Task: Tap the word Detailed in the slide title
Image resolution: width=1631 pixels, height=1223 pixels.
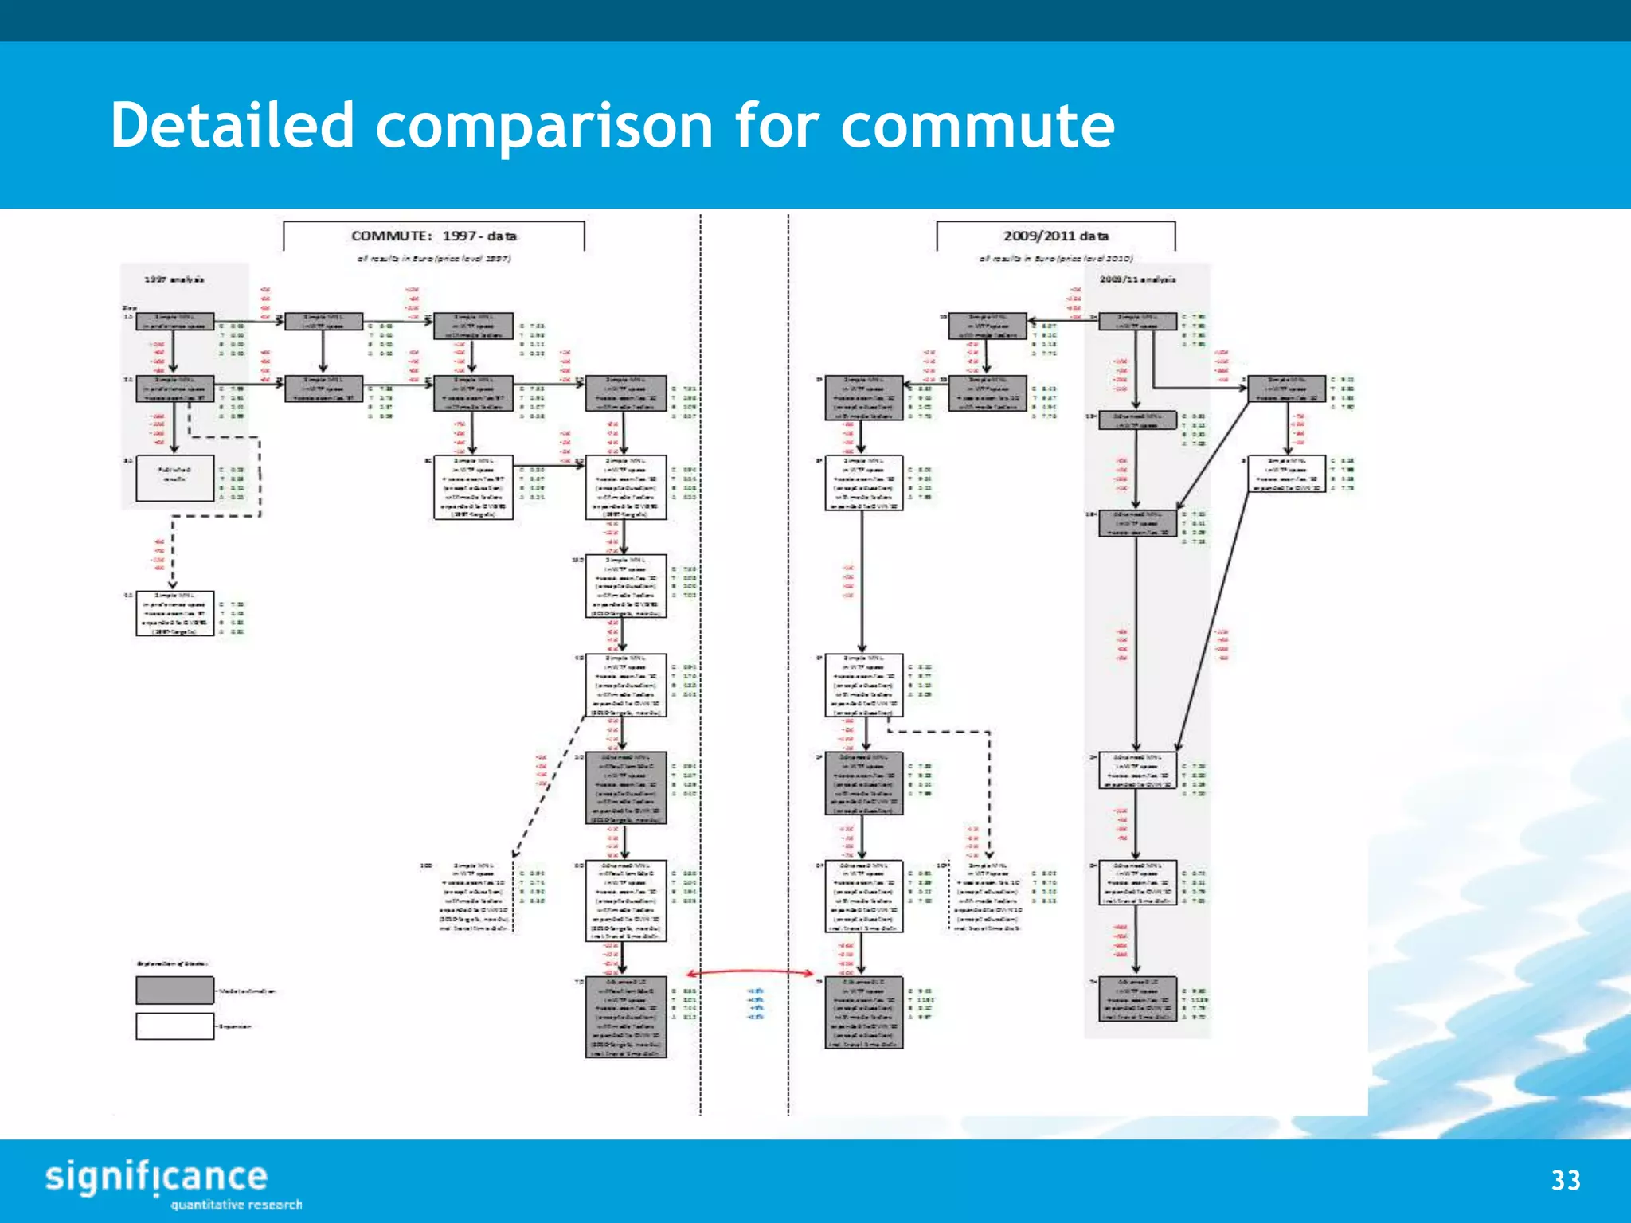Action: tap(232, 126)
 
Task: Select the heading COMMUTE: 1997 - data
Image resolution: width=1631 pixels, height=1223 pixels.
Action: tap(434, 236)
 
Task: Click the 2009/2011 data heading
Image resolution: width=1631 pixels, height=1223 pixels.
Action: tap(1056, 236)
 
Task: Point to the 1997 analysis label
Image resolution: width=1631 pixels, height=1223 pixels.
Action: tap(174, 279)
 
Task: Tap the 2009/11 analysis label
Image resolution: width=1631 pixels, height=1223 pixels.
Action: tap(1137, 279)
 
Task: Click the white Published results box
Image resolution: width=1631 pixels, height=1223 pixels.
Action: tap(175, 478)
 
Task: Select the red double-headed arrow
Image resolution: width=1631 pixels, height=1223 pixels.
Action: tap(750, 972)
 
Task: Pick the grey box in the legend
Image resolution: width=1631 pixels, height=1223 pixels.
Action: tap(175, 991)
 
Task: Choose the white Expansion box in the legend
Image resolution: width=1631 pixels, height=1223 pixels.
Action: tap(175, 1026)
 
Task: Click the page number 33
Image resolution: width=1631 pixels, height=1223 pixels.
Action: tap(1565, 1180)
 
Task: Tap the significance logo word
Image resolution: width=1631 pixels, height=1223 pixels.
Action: tap(156, 1177)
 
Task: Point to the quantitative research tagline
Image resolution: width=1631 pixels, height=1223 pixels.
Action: tap(237, 1205)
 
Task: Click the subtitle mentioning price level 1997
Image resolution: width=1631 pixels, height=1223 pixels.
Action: tap(434, 259)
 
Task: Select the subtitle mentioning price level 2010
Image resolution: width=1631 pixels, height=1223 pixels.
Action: tap(1056, 259)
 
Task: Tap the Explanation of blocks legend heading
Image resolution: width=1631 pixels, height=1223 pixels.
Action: tap(172, 964)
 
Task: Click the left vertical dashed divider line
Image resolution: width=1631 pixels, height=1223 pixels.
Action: tap(701, 637)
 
